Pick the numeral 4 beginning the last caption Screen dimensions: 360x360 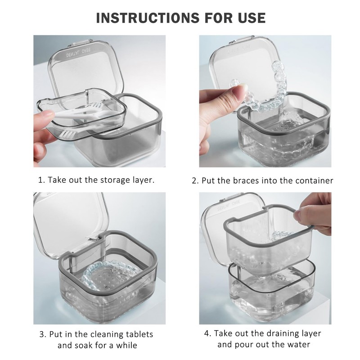point(207,333)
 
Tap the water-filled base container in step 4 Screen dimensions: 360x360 point(270,288)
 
